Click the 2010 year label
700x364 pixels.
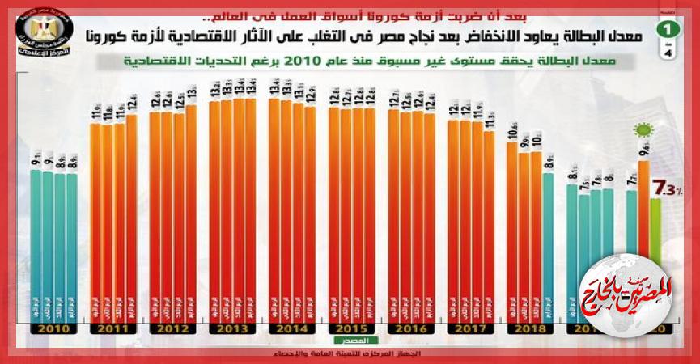click(54, 330)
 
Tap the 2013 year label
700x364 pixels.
click(232, 330)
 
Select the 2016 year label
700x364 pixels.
click(412, 330)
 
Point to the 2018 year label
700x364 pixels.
click(530, 330)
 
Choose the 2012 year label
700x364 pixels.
click(173, 330)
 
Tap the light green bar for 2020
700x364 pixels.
click(655, 259)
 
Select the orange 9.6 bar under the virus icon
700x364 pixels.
click(644, 243)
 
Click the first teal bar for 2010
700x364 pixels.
click(36, 243)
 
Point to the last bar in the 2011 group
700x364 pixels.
click(132, 218)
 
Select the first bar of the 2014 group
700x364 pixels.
click(274, 210)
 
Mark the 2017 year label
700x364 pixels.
click(471, 330)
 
